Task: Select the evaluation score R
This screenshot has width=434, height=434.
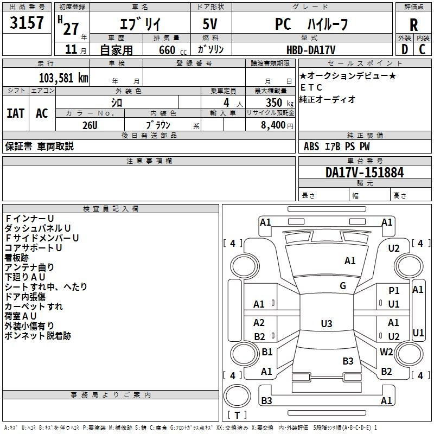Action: (413, 25)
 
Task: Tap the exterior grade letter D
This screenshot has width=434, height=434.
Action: (404, 49)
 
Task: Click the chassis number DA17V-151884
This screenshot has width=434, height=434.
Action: (365, 173)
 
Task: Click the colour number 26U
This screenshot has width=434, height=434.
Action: (90, 125)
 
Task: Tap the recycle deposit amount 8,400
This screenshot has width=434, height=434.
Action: (273, 125)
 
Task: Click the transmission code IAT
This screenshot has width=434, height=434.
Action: (15, 113)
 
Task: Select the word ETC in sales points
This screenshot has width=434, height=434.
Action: (311, 87)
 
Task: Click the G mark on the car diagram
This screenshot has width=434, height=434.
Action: (343, 286)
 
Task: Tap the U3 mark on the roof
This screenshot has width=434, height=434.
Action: (326, 324)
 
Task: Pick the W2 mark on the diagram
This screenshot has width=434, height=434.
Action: (386, 352)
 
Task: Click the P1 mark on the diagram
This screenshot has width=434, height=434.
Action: (394, 291)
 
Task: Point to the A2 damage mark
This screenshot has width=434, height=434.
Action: (259, 323)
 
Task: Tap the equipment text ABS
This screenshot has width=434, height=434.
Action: (311, 146)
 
